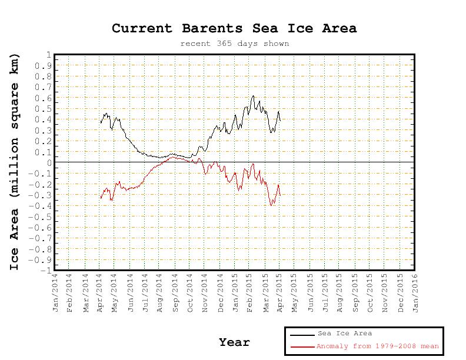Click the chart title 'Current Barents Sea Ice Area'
[234, 28]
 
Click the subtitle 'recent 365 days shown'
[234, 44]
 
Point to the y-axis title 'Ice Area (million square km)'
[15, 162]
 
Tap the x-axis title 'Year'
[234, 342]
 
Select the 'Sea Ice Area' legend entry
[345, 334]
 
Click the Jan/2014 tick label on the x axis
[55, 292]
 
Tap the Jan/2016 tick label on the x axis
[415, 292]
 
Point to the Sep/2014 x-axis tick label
[175, 292]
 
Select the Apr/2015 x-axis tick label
[280, 292]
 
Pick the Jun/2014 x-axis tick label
[130, 292]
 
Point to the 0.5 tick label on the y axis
[45, 109]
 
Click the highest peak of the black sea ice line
[253, 95]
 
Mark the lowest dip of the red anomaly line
[271, 205]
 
